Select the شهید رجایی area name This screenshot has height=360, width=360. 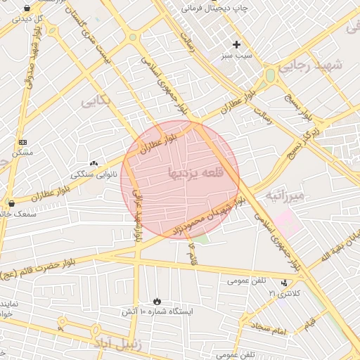[x=309, y=66]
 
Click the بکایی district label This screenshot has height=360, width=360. [x=96, y=100]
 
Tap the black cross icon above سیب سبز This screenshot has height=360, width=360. [x=237, y=44]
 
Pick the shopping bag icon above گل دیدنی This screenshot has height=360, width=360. [x=27, y=8]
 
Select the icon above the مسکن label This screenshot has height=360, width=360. [x=22, y=141]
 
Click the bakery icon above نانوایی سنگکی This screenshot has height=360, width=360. [x=94, y=163]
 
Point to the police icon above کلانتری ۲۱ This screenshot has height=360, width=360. [x=284, y=283]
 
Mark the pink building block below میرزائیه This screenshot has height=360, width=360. [x=286, y=223]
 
